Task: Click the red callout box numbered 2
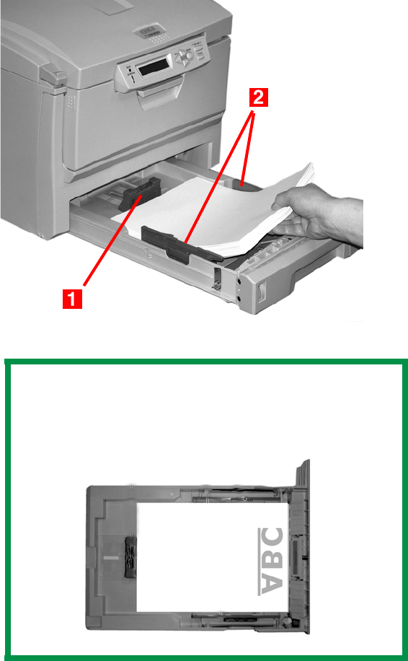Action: tap(259, 100)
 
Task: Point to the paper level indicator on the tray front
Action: tap(261, 293)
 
